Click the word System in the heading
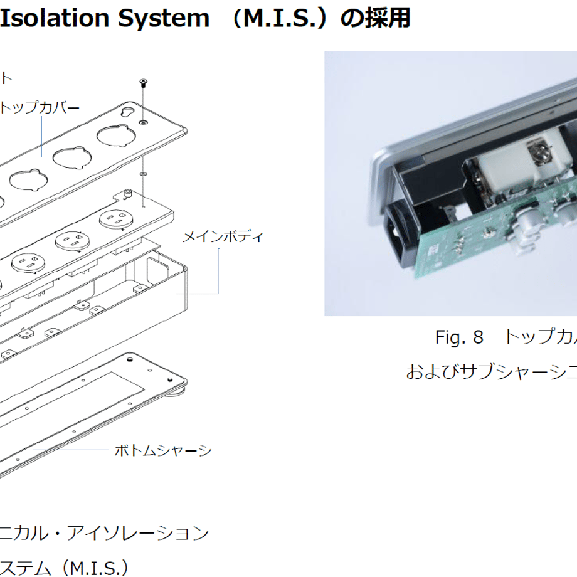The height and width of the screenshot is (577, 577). (x=164, y=18)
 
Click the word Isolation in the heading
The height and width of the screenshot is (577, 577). (x=55, y=18)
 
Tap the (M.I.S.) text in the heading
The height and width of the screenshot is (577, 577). (x=280, y=18)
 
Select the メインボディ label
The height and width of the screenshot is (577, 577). (x=223, y=236)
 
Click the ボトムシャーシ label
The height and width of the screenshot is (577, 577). (x=163, y=450)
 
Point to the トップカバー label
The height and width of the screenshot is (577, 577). (x=40, y=108)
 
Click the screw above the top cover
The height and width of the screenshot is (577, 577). (x=143, y=83)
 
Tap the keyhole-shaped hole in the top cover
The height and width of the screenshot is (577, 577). (x=128, y=112)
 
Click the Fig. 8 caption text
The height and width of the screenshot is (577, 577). (x=459, y=337)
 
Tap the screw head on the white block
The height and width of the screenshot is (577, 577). (x=539, y=152)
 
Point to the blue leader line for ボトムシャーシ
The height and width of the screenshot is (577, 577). (x=71, y=450)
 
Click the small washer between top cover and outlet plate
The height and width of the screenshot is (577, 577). (x=143, y=173)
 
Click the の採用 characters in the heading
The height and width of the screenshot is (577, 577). (x=375, y=18)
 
